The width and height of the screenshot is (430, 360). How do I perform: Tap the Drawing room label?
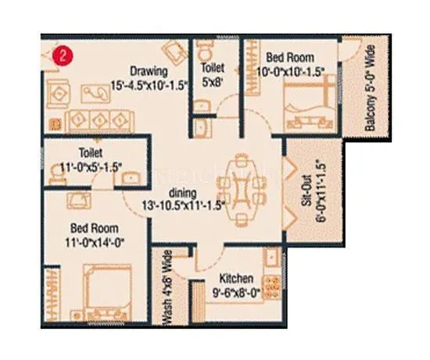click(149, 69)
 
